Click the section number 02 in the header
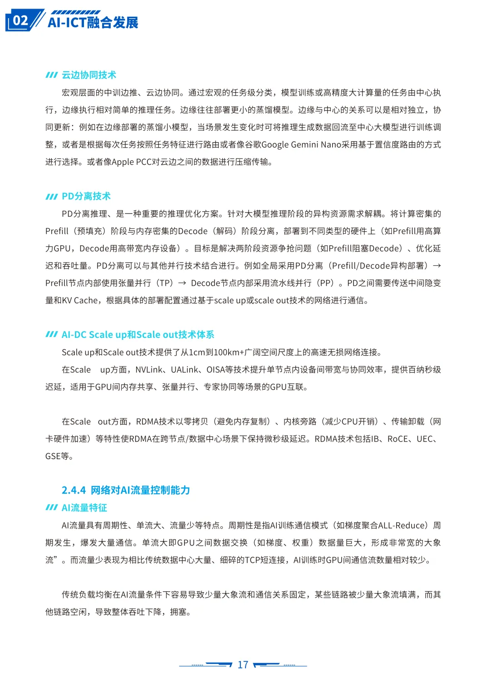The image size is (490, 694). pos(20,20)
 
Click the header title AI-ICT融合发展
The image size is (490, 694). pos(93,22)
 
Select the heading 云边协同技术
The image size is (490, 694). pos(89,75)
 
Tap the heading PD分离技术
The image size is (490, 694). pos(86,196)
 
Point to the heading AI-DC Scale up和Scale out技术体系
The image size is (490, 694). pos(138,335)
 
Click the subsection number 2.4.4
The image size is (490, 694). pos(73,490)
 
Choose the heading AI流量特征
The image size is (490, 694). pos(84,508)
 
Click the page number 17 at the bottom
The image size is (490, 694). pos(243,665)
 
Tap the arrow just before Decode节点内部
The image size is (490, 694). pos(182,283)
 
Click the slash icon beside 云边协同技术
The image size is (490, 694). pos(51,75)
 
